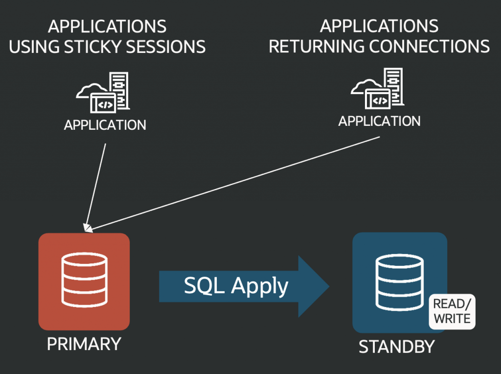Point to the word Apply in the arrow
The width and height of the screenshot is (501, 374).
click(260, 286)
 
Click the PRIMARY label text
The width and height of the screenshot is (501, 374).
click(84, 344)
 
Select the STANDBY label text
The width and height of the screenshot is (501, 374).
click(397, 347)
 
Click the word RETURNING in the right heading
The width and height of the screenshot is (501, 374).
click(316, 47)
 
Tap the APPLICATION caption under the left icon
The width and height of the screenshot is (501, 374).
click(105, 125)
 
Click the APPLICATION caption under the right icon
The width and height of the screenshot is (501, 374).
click(380, 120)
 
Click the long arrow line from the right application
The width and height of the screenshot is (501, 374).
click(235, 183)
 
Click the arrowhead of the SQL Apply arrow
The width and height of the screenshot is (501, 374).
click(313, 286)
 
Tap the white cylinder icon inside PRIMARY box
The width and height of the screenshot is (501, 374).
click(84, 279)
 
